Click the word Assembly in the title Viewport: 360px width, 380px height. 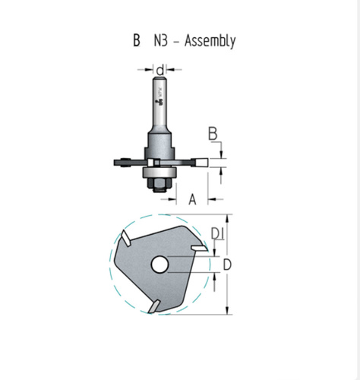pyautogui.click(x=210, y=41)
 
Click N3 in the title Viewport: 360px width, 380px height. pyautogui.click(x=161, y=40)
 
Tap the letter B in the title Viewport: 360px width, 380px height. pyautogui.click(x=137, y=40)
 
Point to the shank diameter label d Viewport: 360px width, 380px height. pyautogui.click(x=160, y=70)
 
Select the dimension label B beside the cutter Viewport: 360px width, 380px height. pyautogui.click(x=213, y=134)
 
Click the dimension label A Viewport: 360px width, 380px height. pyautogui.click(x=192, y=199)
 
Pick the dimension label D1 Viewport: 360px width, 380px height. pyautogui.click(x=217, y=233)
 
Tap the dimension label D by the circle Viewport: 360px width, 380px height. pyautogui.click(x=227, y=265)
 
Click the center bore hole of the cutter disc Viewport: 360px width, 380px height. pyautogui.click(x=159, y=264)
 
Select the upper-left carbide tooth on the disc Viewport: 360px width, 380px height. pyautogui.click(x=126, y=238)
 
